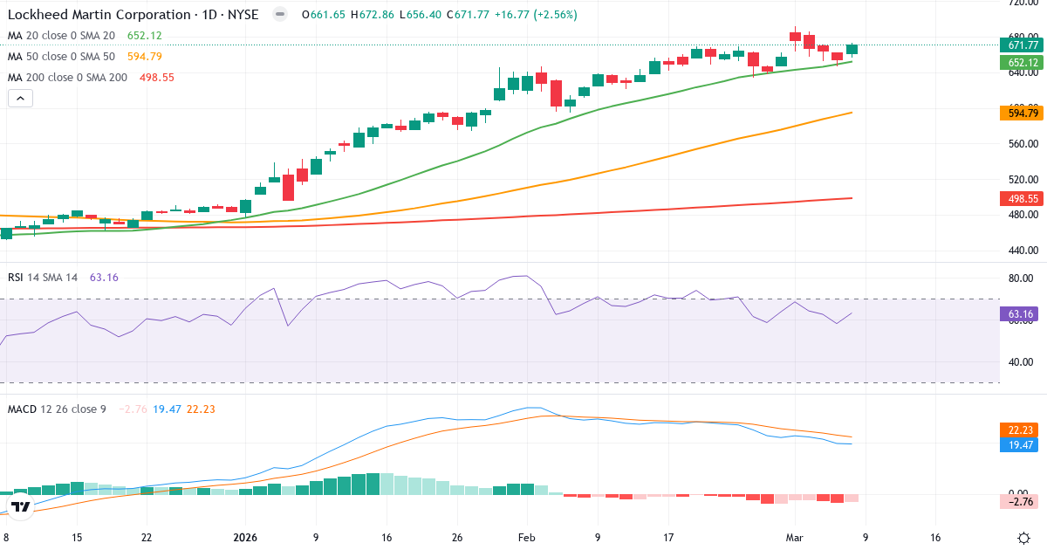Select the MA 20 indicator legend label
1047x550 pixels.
61,36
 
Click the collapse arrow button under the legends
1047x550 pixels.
20,99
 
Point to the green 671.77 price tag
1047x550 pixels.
1022,45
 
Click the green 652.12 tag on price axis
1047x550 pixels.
1022,63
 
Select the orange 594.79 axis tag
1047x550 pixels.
1022,113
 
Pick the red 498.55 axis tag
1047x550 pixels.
1022,199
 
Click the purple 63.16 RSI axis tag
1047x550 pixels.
1022,313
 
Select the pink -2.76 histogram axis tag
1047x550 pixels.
1022,502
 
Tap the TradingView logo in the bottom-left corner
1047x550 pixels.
22,506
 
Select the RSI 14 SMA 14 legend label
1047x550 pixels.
43,278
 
